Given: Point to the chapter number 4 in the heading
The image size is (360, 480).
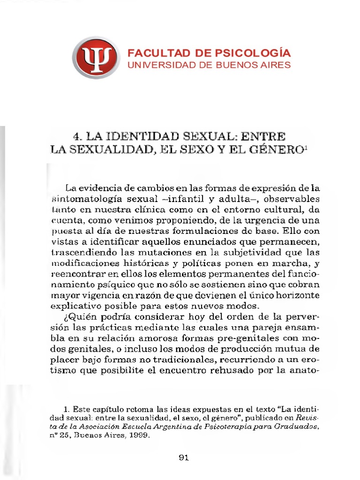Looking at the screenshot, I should click(76, 137).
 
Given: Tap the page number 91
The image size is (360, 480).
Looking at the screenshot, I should click(183, 457).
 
